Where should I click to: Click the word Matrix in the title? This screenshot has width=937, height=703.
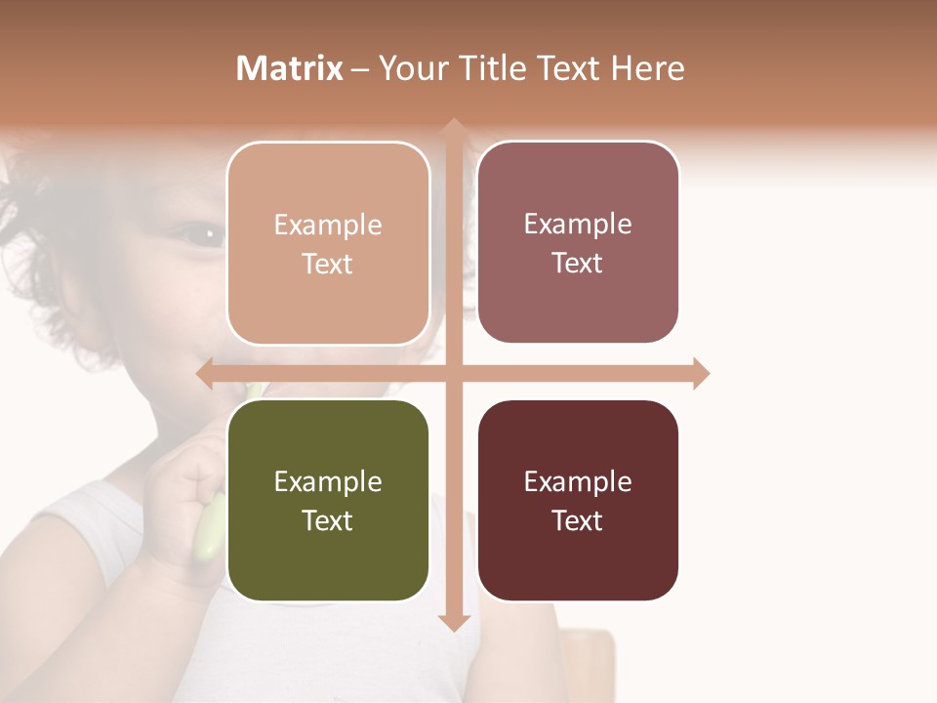(x=289, y=68)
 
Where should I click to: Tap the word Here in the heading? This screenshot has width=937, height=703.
(x=647, y=68)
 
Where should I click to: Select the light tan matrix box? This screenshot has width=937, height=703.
(x=328, y=243)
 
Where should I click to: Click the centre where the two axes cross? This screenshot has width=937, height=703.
(x=453, y=374)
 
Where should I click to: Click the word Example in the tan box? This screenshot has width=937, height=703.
(x=328, y=226)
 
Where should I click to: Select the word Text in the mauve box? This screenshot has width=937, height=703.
(x=578, y=264)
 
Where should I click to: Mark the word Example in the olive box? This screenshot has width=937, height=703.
(x=328, y=482)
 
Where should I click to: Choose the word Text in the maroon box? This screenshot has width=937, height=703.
(x=578, y=521)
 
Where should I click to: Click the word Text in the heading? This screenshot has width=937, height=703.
(x=567, y=68)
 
